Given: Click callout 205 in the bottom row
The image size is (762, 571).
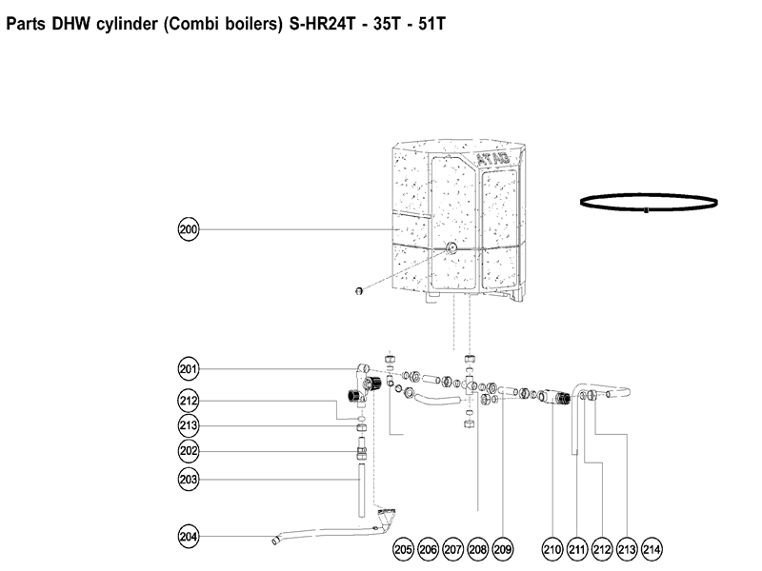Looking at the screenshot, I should tap(403, 548).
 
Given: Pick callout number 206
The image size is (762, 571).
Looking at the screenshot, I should tap(428, 548).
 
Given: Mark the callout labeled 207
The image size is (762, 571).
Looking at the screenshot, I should tap(452, 548).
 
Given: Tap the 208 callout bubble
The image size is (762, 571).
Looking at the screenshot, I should tap(477, 548).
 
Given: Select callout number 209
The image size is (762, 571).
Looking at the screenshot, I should tap(503, 548).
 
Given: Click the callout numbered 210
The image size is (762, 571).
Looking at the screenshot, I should tap(552, 548).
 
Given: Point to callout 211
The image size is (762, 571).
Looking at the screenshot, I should tap(577, 548).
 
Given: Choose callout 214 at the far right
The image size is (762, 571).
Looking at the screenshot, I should tap(652, 548).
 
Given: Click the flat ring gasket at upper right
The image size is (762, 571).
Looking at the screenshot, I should tap(648, 202).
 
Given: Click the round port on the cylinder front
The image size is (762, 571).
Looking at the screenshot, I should tap(450, 247).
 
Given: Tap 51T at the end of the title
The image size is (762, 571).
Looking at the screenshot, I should tap(423, 24).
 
